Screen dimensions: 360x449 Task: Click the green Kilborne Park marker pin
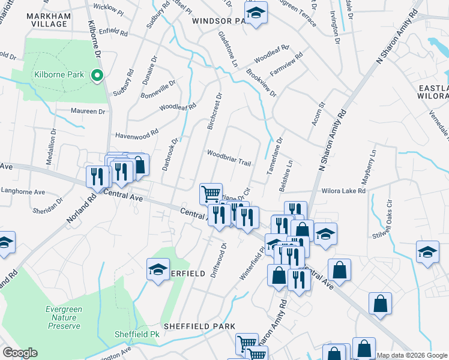tap(96, 75)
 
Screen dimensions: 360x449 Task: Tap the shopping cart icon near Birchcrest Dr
tap(211, 194)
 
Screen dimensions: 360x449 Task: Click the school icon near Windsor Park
tap(256, 13)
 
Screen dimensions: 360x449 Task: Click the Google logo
tap(20, 353)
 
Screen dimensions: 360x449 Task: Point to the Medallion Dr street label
tap(50, 155)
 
